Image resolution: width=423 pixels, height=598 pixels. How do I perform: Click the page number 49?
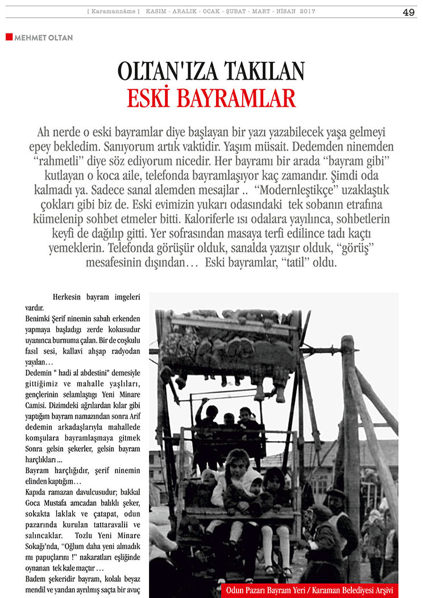408,12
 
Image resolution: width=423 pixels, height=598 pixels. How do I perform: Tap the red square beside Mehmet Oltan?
9,37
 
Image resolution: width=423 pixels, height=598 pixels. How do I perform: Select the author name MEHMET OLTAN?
43,38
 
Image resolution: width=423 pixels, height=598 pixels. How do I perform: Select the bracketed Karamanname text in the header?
113,12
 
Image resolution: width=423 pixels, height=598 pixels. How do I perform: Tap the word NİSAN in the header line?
283,12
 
